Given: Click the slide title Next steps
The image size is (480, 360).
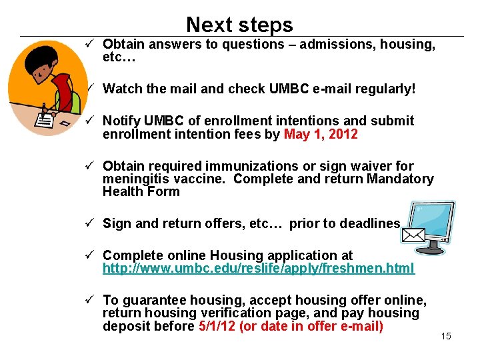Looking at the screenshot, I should click(x=239, y=25).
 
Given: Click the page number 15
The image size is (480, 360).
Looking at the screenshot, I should click(x=446, y=336).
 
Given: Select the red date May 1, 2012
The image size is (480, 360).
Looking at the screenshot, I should click(x=321, y=134).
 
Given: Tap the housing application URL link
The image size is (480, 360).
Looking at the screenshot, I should click(x=258, y=268).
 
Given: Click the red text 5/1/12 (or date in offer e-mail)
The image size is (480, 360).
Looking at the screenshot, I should click(x=291, y=326).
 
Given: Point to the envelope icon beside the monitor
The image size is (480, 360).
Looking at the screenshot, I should click(x=414, y=235).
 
